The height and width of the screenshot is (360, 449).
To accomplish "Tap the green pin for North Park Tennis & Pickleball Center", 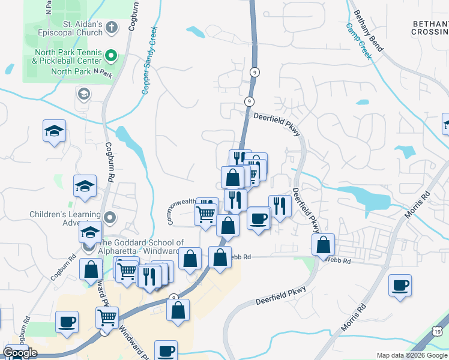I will pyautogui.click(x=110, y=56).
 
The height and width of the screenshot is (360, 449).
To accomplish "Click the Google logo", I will pyautogui.click(x=20, y=353).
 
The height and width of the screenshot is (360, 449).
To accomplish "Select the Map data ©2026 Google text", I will pyautogui.click(x=411, y=355).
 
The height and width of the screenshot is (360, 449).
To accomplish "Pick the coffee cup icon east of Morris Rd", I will pyautogui.click(x=400, y=286).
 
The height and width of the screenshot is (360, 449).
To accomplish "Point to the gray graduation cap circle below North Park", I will pyautogui.click(x=83, y=94).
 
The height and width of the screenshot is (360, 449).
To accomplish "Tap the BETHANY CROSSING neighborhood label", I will pyautogui.click(x=430, y=28).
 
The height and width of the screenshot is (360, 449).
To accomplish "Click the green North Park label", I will pyautogui.click(x=71, y=71).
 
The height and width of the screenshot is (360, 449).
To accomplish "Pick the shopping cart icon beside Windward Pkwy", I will pyautogui.click(x=107, y=316).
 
